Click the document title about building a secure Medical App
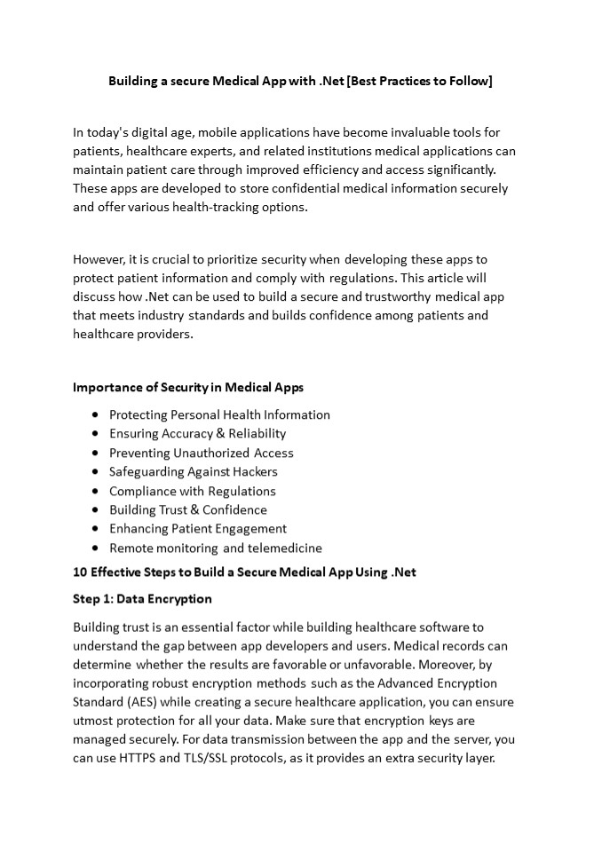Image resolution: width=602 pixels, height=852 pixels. [300, 81]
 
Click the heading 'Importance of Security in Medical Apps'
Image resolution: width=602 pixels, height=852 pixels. [187, 387]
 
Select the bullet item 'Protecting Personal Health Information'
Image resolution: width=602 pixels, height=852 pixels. [219, 414]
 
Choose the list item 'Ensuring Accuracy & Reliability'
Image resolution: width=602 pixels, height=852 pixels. [197, 433]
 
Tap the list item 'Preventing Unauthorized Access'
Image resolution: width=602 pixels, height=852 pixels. [201, 453]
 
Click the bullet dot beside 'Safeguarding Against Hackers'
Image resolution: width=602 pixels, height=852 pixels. [95, 472]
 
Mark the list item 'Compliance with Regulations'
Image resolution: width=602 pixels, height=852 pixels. [192, 491]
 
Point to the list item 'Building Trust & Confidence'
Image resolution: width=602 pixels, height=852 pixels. [187, 509]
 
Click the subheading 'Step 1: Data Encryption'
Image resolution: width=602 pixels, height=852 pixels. [142, 598]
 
